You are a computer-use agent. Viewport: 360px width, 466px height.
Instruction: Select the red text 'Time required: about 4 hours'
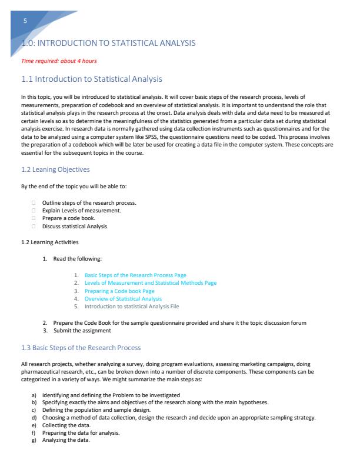(x=59, y=61)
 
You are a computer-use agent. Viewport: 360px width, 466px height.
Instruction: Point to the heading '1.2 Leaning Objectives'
(x=55, y=169)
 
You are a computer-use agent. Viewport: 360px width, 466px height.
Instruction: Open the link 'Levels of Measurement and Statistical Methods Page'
(x=150, y=282)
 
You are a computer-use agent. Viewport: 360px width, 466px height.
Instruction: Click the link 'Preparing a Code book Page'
(x=119, y=291)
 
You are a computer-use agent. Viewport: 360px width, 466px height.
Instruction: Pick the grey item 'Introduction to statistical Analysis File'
(x=132, y=306)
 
